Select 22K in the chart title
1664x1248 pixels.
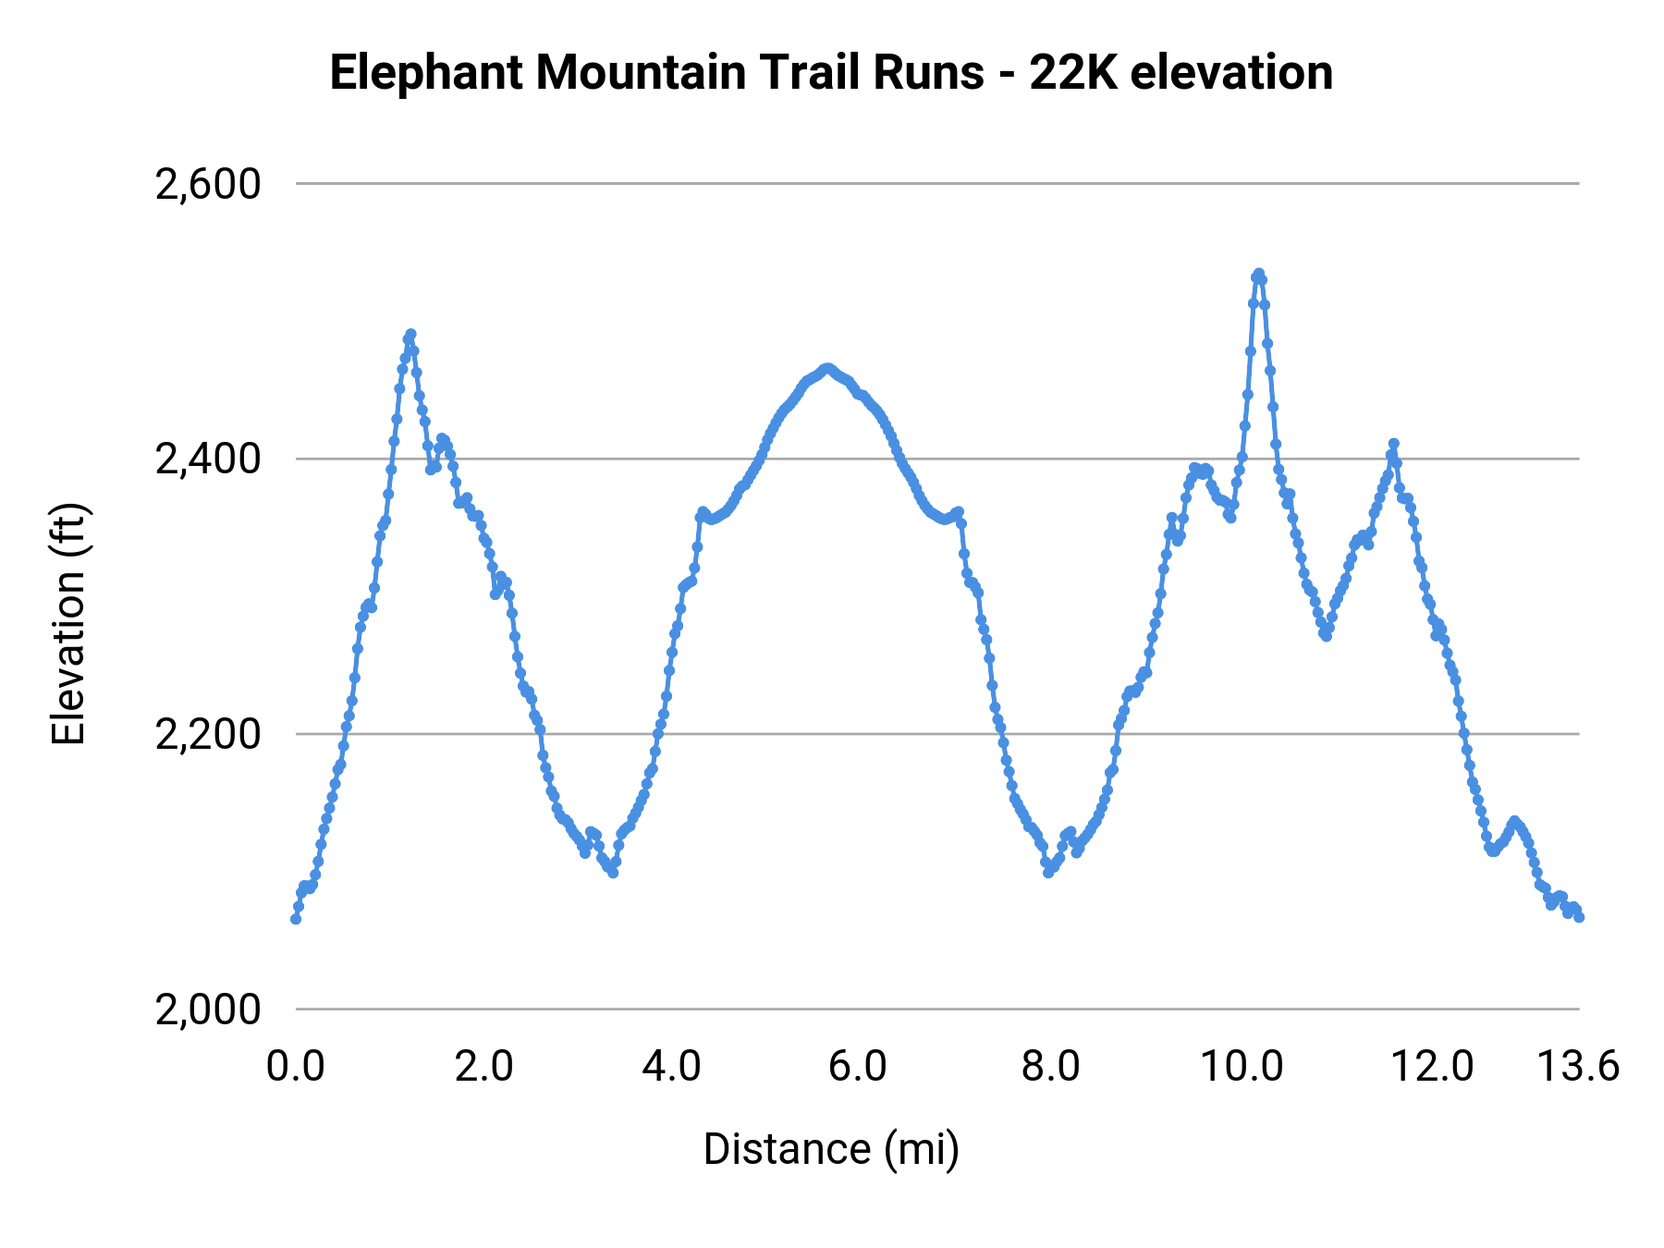(1071, 73)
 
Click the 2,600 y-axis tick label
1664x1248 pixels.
(208, 185)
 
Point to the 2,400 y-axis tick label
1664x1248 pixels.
(208, 459)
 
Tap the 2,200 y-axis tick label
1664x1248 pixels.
(208, 735)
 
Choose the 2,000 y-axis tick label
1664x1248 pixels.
(208, 1009)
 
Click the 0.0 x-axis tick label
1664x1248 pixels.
(296, 1067)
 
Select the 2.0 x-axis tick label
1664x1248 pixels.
(484, 1067)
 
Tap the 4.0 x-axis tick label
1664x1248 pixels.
(672, 1067)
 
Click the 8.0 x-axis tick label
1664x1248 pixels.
(1051, 1067)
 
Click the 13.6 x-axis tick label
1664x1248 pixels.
(1578, 1067)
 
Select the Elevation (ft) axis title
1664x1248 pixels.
(68, 624)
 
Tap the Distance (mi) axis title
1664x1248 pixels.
(831, 1150)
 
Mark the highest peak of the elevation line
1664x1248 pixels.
(1258, 274)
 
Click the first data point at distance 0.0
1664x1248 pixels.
(296, 919)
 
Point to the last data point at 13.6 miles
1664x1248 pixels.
(1579, 917)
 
